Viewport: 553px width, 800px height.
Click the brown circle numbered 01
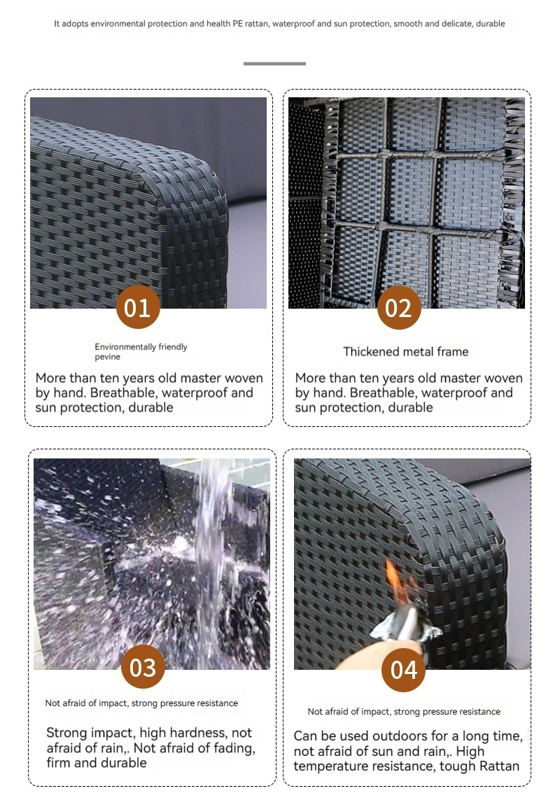click(138, 307)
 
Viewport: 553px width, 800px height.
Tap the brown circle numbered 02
click(399, 307)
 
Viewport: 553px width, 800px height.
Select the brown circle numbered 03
click(143, 667)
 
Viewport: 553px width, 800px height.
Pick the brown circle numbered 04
click(403, 670)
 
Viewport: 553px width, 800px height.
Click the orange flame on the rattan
click(397, 582)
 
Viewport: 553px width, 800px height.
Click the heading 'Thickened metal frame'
click(405, 351)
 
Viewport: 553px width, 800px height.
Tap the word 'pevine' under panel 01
click(107, 357)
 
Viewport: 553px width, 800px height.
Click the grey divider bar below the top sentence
click(274, 63)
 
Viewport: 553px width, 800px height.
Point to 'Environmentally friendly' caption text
click(141, 347)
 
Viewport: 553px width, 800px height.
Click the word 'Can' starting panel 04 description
click(306, 736)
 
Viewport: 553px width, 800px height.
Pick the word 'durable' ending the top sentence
click(490, 24)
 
